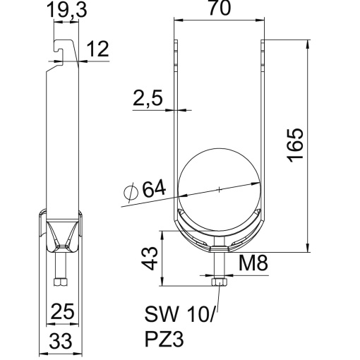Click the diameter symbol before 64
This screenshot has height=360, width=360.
pos(131,191)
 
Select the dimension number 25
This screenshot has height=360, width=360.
pos(61,310)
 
